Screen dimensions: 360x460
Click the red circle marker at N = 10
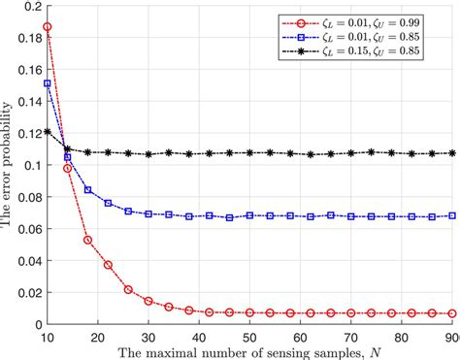[x=48, y=27]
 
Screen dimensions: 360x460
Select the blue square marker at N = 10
[x=48, y=84]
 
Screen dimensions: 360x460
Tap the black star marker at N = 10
[x=48, y=132]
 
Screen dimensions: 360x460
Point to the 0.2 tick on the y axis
[x=29, y=7]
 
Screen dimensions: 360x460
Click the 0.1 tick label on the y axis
[x=29, y=165]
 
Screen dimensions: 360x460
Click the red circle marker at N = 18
[x=88, y=240]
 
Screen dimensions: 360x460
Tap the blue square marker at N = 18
[x=88, y=190]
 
